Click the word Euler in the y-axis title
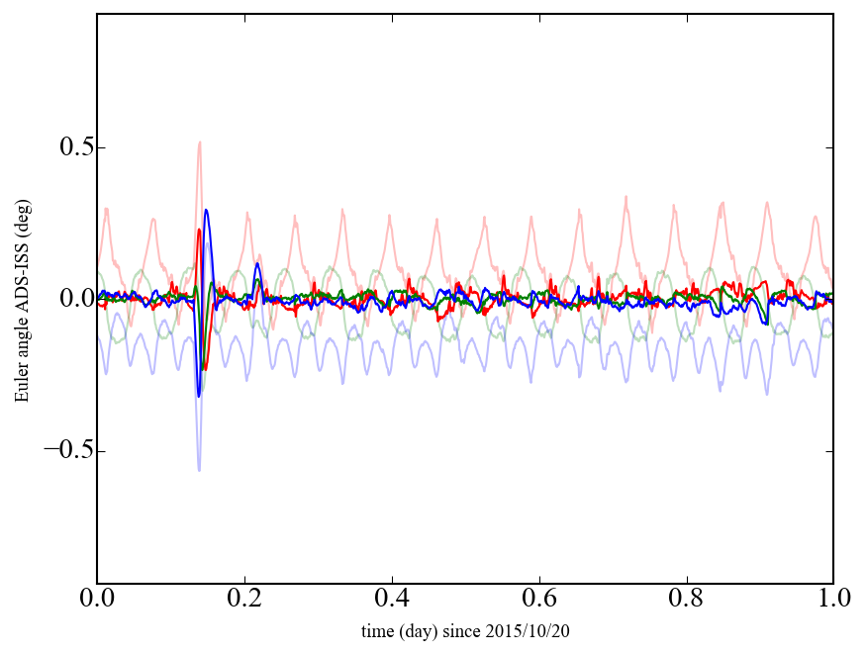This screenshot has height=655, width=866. [x=21, y=385]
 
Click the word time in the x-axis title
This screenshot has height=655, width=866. [x=377, y=630]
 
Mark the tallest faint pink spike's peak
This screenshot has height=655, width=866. [x=200, y=142]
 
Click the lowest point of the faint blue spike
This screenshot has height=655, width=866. [x=199, y=470]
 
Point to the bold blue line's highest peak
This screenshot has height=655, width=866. [x=206, y=210]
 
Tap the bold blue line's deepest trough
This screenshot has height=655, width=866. [x=199, y=397]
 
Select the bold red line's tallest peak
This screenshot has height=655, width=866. [x=199, y=231]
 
